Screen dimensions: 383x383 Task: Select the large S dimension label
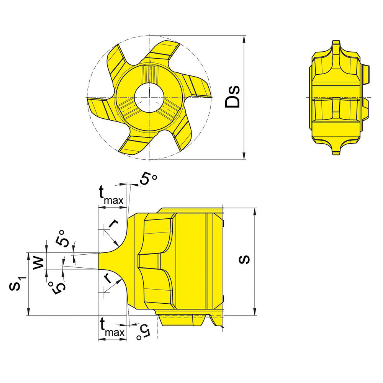(x=244, y=260)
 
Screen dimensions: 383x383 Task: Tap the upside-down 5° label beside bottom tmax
(x=144, y=331)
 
